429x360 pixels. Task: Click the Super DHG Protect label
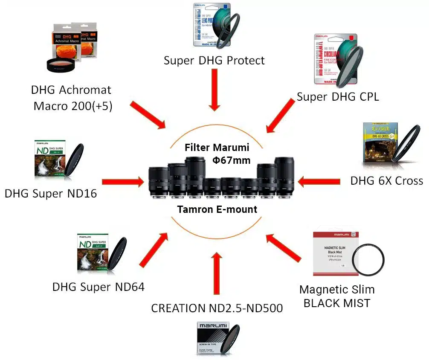click(x=214, y=61)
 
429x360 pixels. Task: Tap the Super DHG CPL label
click(x=338, y=97)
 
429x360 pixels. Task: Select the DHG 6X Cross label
click(x=386, y=181)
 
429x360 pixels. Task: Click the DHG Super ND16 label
click(x=51, y=194)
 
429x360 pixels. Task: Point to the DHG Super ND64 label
click(x=99, y=287)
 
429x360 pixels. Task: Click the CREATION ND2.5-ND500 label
click(x=217, y=308)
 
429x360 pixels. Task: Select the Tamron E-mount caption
click(x=217, y=209)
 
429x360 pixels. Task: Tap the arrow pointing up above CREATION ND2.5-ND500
click(x=217, y=273)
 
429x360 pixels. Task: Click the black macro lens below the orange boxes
click(x=61, y=64)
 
